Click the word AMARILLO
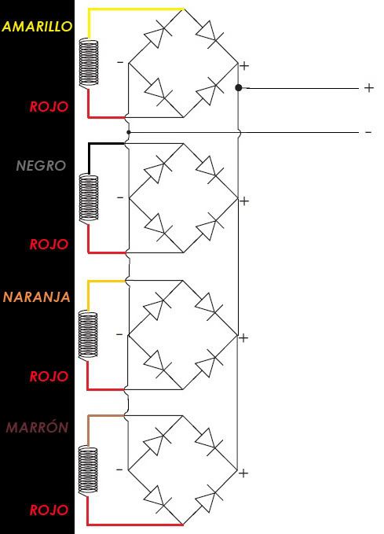(x=37, y=26)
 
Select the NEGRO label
(x=41, y=165)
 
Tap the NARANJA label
(x=37, y=297)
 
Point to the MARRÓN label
(x=38, y=427)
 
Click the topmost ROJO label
(x=49, y=107)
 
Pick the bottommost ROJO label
(x=49, y=510)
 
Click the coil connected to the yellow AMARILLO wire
(x=89, y=63)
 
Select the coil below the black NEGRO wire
(x=89, y=198)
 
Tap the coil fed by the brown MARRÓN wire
(x=88, y=470)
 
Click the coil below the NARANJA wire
(x=88, y=335)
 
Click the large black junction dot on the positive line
(x=239, y=88)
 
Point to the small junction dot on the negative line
(x=128, y=132)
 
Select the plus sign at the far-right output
(x=369, y=88)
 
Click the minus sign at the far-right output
(x=368, y=132)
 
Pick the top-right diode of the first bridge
(x=210, y=33)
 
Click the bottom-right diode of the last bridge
(x=209, y=499)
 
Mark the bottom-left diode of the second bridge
(x=158, y=226)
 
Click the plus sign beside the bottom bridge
(x=243, y=473)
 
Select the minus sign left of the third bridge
(x=119, y=334)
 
